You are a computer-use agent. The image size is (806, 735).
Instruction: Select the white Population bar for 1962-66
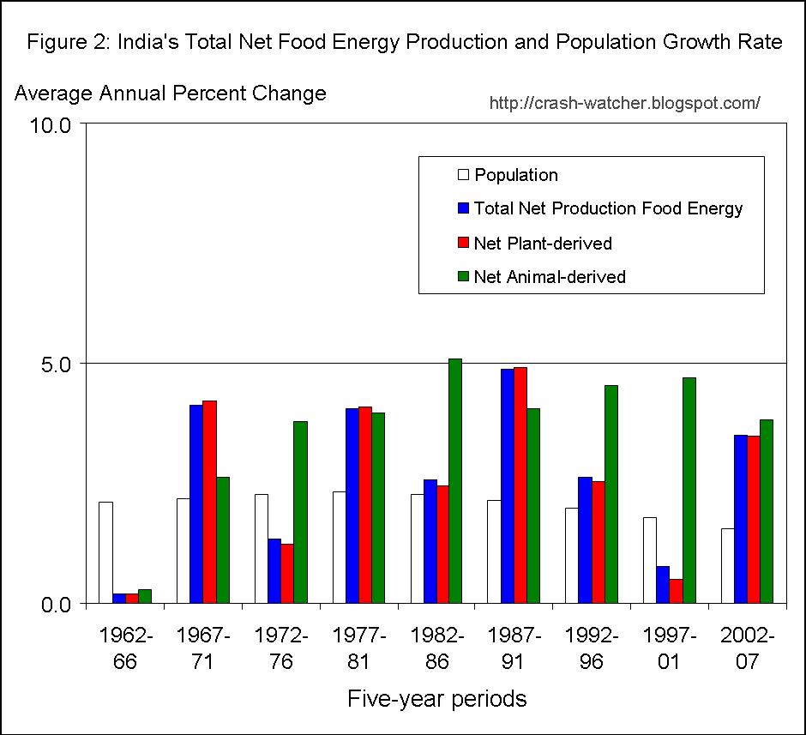point(105,552)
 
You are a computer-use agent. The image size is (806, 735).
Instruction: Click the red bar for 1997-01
point(676,591)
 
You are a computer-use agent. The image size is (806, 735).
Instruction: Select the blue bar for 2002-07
point(741,519)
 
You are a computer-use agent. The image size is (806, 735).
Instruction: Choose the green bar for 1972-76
point(299,512)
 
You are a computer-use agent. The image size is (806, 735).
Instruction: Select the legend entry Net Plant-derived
point(543,244)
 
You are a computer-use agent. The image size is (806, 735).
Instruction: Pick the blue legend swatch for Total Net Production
point(464,208)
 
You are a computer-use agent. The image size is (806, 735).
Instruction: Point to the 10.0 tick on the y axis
point(54,124)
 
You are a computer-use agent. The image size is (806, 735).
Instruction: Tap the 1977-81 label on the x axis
point(358,648)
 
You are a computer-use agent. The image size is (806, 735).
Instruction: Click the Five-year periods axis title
point(436,699)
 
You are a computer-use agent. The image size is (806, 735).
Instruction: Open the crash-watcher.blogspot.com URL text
point(624,104)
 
